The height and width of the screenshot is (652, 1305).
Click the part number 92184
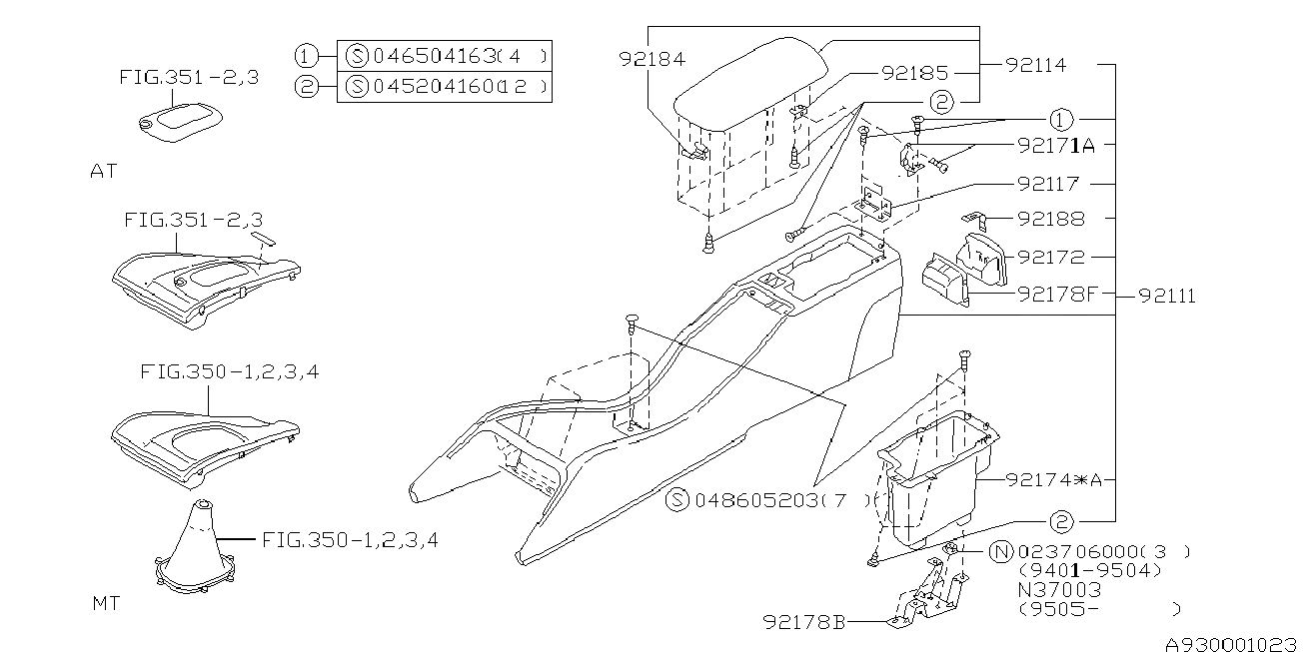tap(652, 59)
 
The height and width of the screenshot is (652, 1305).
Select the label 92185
tap(914, 73)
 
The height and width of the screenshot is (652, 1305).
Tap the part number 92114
tap(1036, 65)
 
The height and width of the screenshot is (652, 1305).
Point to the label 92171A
tap(1055, 145)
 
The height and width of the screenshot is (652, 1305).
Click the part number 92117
tap(1048, 184)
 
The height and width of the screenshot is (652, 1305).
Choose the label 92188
tap(1051, 219)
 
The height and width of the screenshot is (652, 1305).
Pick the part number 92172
tap(1051, 257)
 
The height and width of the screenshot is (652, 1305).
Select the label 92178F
tap(1057, 295)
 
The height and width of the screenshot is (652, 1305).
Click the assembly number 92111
tap(1167, 297)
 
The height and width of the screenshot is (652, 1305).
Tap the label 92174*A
tap(1054, 480)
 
